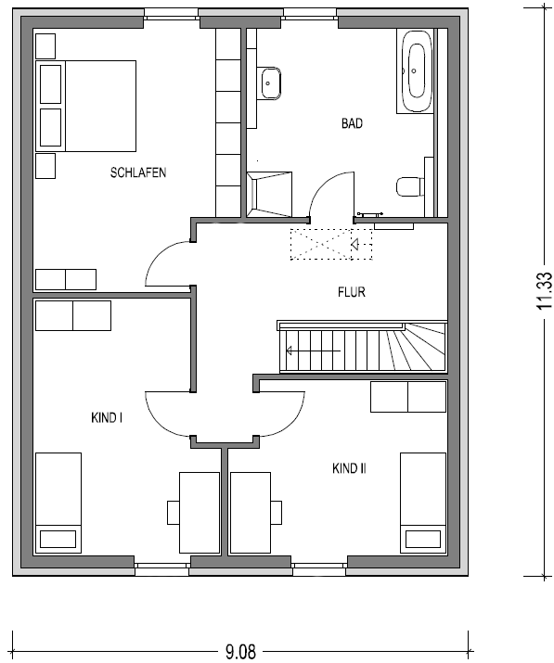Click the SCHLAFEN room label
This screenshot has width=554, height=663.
[138, 172]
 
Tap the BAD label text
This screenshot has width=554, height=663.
[352, 123]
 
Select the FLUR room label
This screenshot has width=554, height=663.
[352, 292]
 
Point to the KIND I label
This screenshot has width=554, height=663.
[107, 418]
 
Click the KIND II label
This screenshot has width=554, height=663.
[349, 468]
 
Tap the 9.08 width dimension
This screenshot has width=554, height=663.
[240, 652]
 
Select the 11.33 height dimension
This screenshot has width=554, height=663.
[545, 290]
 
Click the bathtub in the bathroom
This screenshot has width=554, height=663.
[415, 71]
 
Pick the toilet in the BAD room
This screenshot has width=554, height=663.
[410, 187]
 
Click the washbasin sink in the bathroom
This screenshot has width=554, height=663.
[270, 83]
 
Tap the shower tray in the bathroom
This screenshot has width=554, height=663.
[270, 194]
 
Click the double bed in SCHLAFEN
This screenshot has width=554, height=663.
[86, 106]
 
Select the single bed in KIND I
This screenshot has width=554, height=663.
[58, 503]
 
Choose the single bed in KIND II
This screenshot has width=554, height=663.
[423, 503]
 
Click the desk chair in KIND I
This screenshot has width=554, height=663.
[174, 513]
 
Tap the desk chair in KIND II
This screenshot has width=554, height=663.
[277, 513]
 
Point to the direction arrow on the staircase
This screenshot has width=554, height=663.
[313, 351]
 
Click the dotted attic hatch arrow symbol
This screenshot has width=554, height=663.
[354, 245]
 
